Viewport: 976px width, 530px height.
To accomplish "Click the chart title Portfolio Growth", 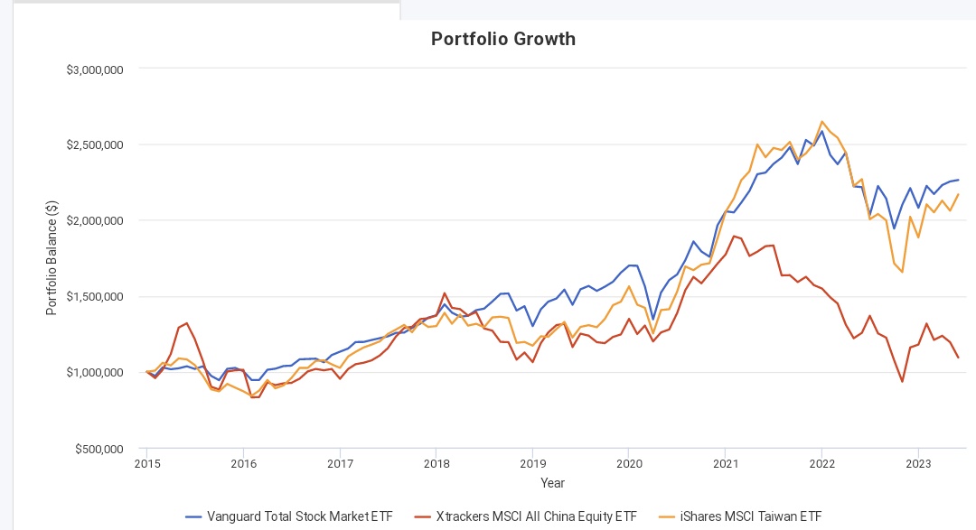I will (503, 39).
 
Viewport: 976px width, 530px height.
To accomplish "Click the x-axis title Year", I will (552, 483).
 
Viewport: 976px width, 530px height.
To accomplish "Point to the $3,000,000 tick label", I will (95, 70).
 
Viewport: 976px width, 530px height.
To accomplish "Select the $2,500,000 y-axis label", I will (95, 145).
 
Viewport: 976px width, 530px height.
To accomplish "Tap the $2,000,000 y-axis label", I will (95, 221).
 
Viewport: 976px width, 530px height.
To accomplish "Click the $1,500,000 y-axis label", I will (95, 297).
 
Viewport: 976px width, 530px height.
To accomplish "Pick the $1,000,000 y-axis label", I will (95, 373).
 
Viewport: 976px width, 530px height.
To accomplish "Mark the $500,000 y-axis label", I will (99, 449).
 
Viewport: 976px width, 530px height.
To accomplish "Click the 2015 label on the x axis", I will (146, 464).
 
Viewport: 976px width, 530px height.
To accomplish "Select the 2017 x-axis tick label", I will (340, 464).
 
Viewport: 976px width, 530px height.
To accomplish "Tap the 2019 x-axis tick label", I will (532, 464).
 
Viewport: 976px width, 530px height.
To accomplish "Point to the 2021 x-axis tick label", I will (725, 464).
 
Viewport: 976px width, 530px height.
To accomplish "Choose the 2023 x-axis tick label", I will (918, 464).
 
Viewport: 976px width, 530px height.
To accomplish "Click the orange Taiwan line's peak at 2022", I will (821, 121).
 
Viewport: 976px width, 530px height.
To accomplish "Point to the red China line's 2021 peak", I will (734, 236).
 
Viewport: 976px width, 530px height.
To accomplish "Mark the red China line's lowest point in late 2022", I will (902, 381).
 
